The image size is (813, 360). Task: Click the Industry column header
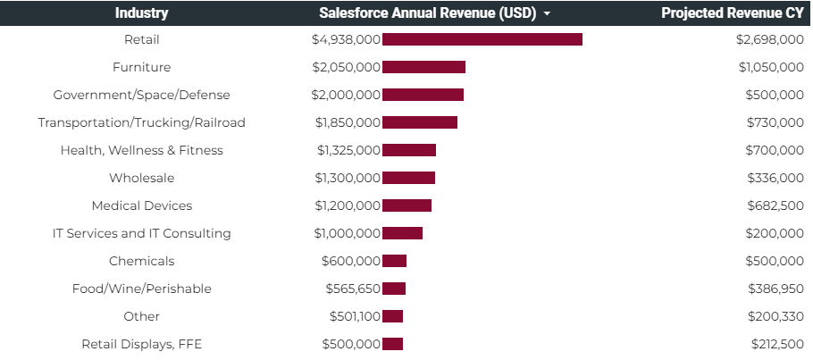click(141, 13)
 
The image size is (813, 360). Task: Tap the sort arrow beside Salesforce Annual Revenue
click(546, 14)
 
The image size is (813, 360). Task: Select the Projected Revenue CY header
click(733, 13)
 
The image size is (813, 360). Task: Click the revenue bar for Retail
click(482, 39)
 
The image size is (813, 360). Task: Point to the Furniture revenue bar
click(423, 67)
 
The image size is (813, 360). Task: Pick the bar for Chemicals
click(394, 261)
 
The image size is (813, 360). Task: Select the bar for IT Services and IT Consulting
click(402, 233)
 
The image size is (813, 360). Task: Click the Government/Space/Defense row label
click(141, 95)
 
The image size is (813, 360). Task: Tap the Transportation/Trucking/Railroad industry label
click(141, 122)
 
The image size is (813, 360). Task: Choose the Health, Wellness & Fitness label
click(141, 150)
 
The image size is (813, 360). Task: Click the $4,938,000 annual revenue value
click(346, 39)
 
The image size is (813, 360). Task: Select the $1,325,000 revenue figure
click(348, 150)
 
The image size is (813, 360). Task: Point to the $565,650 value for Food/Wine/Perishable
click(353, 289)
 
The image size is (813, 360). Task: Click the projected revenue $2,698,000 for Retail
click(769, 39)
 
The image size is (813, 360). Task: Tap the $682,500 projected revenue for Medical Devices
click(775, 205)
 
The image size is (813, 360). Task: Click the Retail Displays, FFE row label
click(141, 344)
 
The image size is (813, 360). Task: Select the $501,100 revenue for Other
click(353, 316)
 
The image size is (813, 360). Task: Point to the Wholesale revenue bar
click(408, 178)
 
